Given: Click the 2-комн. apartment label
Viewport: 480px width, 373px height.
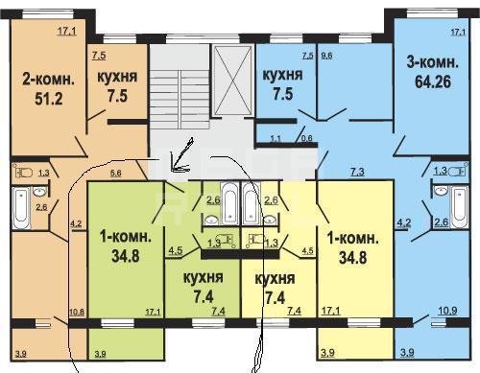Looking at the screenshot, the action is coord(48,79).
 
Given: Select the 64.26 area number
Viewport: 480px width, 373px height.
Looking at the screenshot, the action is coord(433,82).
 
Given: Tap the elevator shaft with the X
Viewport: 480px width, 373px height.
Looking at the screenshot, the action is coord(232,80).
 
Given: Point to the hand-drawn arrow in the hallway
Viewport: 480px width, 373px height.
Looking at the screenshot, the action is coord(181,155).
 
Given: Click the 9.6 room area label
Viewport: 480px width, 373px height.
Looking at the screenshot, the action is coord(326,56).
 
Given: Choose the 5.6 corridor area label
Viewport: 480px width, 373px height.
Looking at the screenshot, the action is coord(115,173).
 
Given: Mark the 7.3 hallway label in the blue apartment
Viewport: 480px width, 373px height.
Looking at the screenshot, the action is coord(357,172).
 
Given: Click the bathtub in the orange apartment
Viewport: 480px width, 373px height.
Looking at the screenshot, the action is coord(21,208).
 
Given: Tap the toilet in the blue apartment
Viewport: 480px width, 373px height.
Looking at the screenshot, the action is coord(457,172).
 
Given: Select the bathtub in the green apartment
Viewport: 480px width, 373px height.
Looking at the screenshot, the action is coord(230,203).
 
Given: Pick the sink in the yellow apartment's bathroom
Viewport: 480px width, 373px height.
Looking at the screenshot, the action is coord(271,220).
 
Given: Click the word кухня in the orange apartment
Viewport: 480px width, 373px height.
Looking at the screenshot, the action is coord(117,78).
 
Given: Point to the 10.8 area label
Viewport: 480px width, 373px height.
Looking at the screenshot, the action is coord(77,312).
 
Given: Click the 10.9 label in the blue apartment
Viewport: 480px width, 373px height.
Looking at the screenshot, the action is coord(447,311).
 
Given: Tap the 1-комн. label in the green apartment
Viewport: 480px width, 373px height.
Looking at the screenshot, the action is coord(126,237).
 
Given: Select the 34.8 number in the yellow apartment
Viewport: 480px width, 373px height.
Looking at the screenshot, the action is coord(352,258).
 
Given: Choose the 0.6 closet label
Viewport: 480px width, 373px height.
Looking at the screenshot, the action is coord(306,138).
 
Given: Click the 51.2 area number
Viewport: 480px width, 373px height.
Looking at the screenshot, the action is coord(49,99).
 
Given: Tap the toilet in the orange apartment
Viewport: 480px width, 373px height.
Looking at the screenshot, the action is coord(24,173).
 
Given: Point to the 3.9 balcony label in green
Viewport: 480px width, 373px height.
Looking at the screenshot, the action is coord(101,354).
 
